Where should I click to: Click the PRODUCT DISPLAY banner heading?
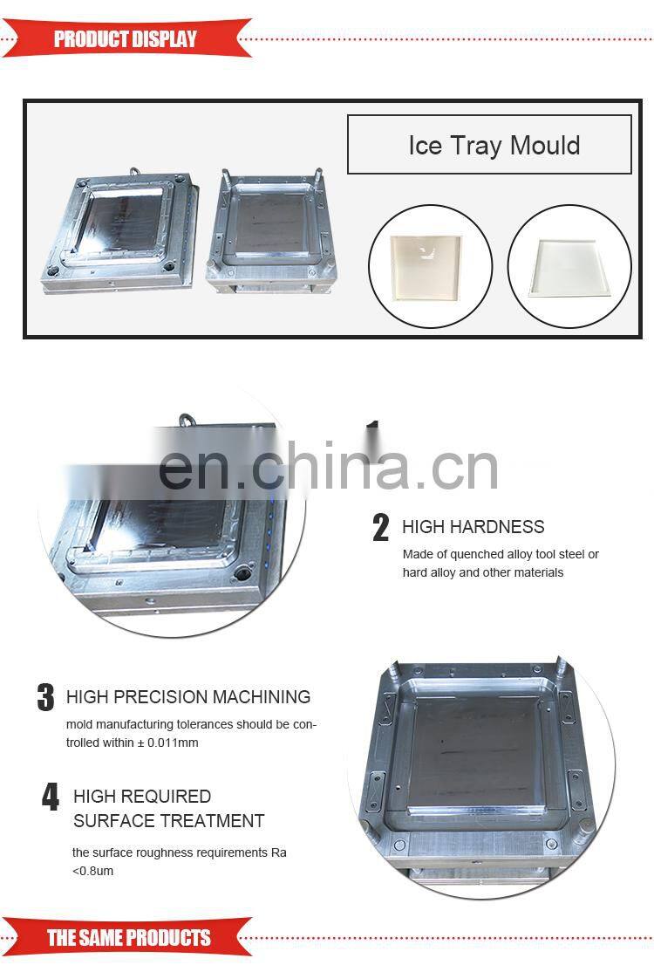[126, 38]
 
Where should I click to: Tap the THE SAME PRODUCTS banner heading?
[128, 938]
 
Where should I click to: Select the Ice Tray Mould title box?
[489, 145]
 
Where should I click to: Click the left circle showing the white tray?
[430, 266]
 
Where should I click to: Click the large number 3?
[45, 698]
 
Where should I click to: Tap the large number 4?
[51, 797]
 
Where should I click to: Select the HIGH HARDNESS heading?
[473, 527]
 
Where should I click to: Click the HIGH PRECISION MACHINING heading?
[188, 697]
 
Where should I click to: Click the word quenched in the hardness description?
[477, 554]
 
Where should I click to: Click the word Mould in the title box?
[545, 145]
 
